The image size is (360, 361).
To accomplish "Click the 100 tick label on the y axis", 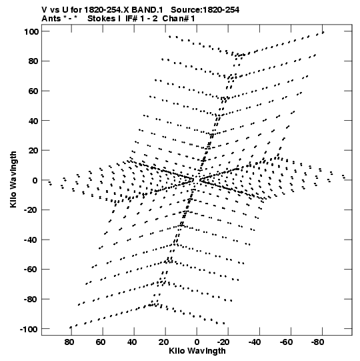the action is click(31, 31).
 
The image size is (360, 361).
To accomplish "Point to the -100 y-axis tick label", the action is click(29, 329).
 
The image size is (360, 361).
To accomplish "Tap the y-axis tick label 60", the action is click(34, 91).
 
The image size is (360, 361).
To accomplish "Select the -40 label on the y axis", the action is click(31, 240).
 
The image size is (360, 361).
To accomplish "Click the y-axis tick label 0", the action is click(35, 180).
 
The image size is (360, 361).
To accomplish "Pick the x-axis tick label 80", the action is click(69, 342).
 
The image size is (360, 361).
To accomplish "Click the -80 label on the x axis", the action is click(317, 342).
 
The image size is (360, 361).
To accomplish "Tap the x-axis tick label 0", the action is click(197, 342).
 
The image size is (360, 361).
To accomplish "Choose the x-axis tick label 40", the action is click(132, 342).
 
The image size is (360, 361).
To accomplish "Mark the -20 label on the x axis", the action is click(223, 342).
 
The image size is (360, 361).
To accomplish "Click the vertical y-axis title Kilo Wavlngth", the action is click(13, 179).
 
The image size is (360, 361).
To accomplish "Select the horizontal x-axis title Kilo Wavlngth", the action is click(197, 351).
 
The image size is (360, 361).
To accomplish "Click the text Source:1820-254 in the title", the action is click(205, 10).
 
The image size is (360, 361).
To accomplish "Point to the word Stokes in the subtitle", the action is click(101, 19).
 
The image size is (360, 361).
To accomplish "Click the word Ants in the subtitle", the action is click(51, 19).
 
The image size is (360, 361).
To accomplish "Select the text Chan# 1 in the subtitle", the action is click(179, 19).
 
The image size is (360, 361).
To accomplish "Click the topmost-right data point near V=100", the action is click(323, 33).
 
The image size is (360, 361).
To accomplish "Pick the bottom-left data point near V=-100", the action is click(71, 327).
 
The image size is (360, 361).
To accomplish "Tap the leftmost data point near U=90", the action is click(50, 184).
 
